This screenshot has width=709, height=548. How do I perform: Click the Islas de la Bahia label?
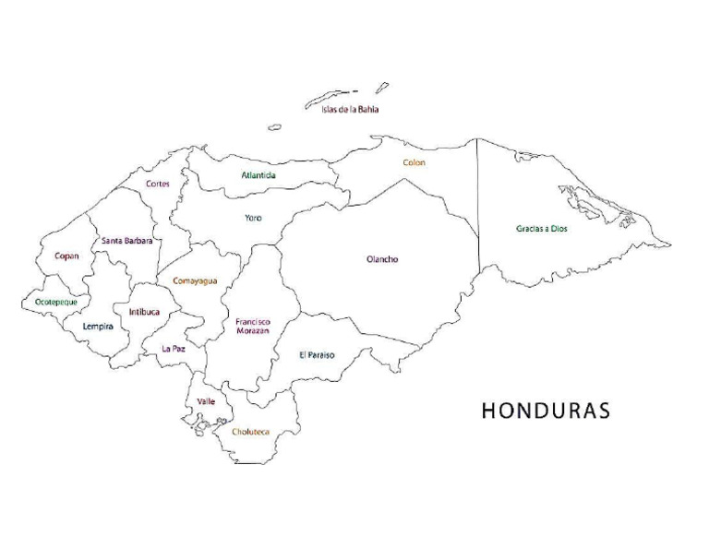click(350, 110)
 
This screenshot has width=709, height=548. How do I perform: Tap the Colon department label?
click(414, 162)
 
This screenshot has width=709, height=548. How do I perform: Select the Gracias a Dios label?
click(542, 228)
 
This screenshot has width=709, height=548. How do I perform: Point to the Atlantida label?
click(258, 174)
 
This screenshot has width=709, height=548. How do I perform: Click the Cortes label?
click(158, 184)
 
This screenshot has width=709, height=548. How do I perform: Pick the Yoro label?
click(253, 218)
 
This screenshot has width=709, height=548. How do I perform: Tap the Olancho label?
click(382, 259)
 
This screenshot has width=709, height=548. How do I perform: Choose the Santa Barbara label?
click(126, 241)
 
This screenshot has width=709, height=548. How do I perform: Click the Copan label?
click(66, 256)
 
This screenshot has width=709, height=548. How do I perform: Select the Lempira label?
click(98, 326)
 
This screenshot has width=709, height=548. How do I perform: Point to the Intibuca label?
click(144, 312)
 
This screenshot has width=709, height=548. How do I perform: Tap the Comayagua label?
click(195, 280)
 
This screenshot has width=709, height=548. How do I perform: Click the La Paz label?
click(174, 349)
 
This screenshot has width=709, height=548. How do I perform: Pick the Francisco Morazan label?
click(252, 326)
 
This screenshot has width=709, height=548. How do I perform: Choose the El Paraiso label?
click(317, 354)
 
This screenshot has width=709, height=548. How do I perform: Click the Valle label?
click(206, 401)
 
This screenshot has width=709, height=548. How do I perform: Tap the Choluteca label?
click(250, 431)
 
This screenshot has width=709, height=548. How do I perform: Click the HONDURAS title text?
click(546, 411)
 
